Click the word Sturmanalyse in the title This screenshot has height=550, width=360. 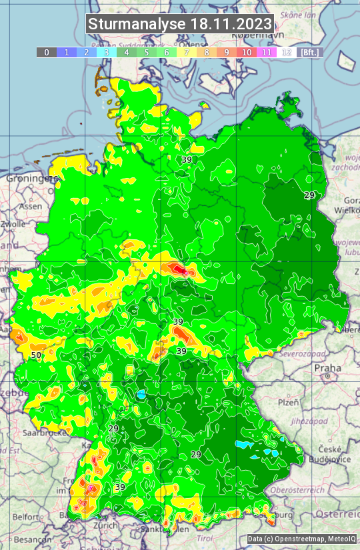[x=137, y=25]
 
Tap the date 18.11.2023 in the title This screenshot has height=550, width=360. [x=231, y=25]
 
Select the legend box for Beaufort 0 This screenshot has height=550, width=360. [x=46, y=52]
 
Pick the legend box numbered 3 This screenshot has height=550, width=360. [x=106, y=52]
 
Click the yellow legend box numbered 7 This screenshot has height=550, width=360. [x=186, y=52]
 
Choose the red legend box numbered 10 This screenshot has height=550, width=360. [x=247, y=52]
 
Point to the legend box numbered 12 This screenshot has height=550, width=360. [x=287, y=52]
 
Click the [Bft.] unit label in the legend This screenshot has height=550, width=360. [x=309, y=52]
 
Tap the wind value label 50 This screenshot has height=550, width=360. [x=35, y=355]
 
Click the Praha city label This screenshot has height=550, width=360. [x=327, y=367]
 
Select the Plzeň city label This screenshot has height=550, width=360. [x=288, y=403]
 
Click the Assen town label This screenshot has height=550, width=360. [x=31, y=207]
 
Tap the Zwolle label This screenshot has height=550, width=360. [x=13, y=224]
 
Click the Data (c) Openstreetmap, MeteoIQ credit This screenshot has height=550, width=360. [x=301, y=539]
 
